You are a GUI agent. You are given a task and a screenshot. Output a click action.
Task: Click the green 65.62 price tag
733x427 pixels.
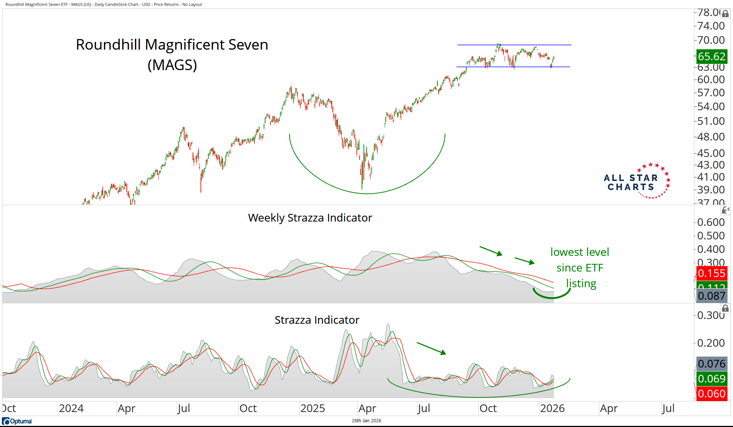tap(711, 57)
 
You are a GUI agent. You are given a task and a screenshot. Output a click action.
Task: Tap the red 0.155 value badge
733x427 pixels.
tap(711, 273)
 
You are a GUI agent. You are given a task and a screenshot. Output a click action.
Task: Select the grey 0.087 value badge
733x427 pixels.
tap(711, 296)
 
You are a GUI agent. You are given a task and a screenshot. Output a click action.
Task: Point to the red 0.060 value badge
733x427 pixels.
tap(711, 394)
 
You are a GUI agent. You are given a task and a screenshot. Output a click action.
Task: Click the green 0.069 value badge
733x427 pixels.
tap(711, 379)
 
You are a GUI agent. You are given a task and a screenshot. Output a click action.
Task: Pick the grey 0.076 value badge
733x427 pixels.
tap(711, 364)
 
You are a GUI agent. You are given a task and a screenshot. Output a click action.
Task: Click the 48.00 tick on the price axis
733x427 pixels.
tap(711, 137)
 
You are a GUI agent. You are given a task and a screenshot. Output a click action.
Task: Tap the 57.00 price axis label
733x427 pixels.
tap(711, 93)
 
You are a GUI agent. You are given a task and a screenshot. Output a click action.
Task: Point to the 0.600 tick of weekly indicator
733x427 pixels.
tap(711, 222)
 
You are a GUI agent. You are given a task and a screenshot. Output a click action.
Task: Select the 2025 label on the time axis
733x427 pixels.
tap(312, 408)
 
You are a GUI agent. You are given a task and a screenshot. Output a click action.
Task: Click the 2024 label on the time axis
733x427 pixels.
tap(71, 408)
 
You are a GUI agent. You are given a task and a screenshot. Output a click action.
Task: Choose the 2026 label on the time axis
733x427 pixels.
tap(552, 408)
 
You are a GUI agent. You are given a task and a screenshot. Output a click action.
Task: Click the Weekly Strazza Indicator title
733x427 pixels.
tap(310, 218)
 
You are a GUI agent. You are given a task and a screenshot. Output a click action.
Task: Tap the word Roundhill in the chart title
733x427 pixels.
tap(108, 45)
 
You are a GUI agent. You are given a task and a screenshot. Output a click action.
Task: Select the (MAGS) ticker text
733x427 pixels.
tap(172, 65)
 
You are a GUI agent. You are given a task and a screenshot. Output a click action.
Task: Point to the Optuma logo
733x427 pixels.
tap(17, 421)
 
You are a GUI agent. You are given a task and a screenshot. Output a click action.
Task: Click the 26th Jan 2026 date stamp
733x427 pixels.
tap(366, 421)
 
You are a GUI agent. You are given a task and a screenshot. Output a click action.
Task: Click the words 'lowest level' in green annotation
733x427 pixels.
tap(580, 252)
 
